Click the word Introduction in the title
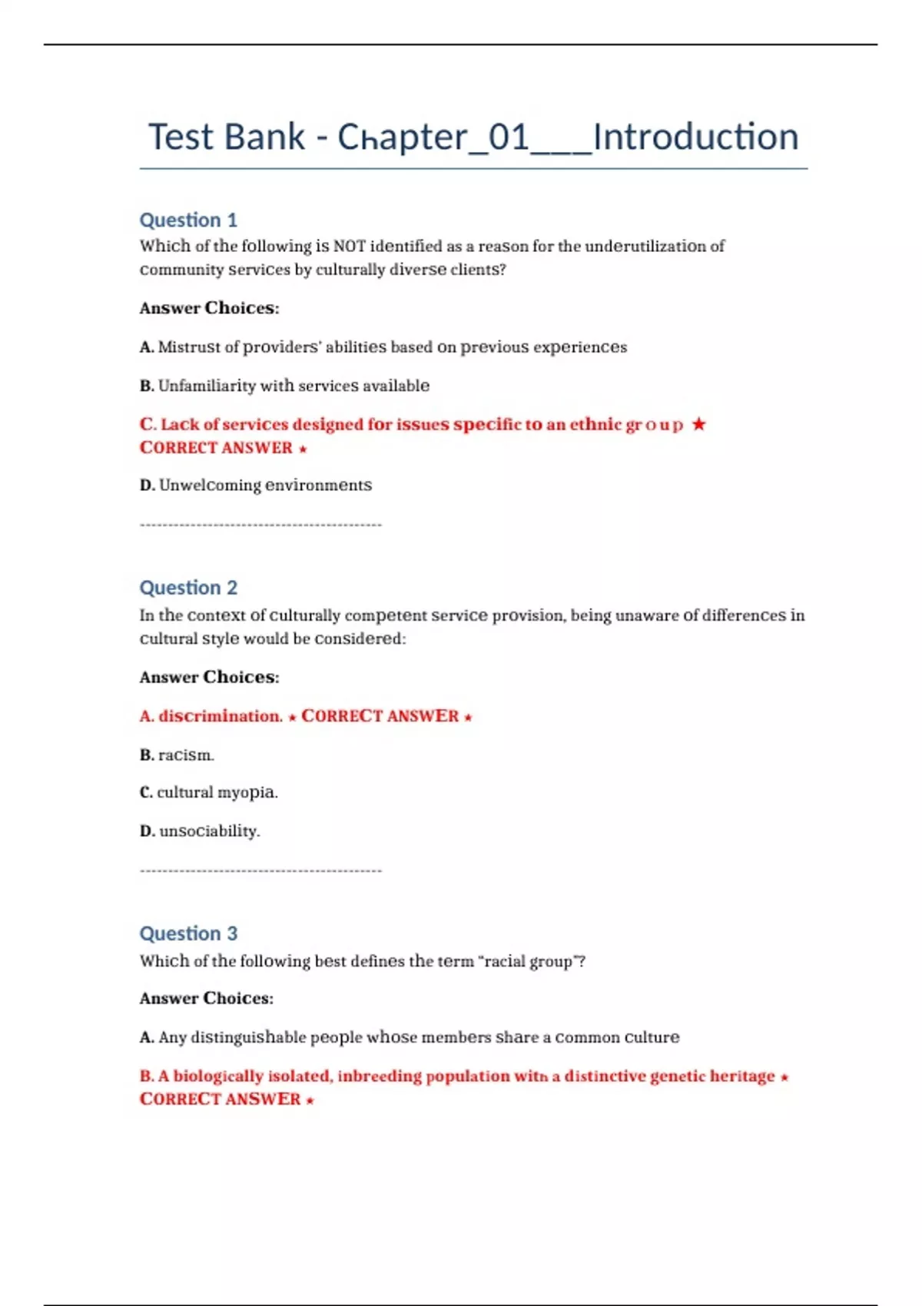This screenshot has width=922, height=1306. pos(695,138)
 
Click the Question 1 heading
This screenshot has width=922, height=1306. pos(188,220)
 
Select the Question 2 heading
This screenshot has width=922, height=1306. pos(188,588)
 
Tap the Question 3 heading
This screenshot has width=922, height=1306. pos(188,933)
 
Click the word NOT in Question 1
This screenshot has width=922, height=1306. pos(349,247)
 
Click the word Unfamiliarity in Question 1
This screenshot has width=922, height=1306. pos(207,386)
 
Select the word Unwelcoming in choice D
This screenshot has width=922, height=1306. pos(209,486)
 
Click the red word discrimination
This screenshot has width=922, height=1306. pos(220,716)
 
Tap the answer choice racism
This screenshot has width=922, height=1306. pos(185,755)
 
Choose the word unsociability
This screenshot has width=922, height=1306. pos(209,831)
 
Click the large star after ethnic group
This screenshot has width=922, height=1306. pos(698,424)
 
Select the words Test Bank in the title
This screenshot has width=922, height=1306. pos(227,138)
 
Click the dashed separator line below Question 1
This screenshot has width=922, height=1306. pos(260,525)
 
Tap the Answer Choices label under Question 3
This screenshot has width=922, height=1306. pos(206,999)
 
